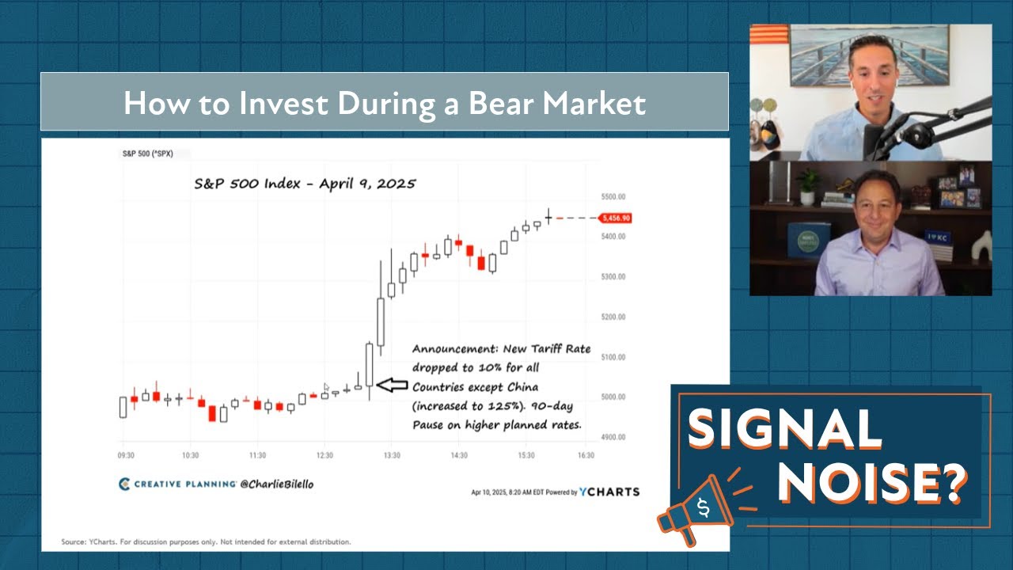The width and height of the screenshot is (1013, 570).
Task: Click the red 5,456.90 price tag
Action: pyautogui.click(x=616, y=218)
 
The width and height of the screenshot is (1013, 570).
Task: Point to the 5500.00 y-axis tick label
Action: pyautogui.click(x=613, y=196)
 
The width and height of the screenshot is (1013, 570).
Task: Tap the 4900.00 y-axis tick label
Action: pyautogui.click(x=613, y=437)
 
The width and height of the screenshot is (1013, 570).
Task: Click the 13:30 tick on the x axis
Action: pyautogui.click(x=392, y=455)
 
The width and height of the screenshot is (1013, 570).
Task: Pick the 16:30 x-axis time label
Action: pyautogui.click(x=586, y=455)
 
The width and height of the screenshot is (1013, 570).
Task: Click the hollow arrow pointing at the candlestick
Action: pyautogui.click(x=391, y=385)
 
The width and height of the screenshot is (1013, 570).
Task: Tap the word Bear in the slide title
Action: pyautogui.click(x=471, y=103)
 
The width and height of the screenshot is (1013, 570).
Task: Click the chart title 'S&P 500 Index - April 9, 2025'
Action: pyautogui.click(x=305, y=183)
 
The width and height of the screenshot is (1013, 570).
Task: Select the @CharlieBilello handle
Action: pyautogui.click(x=276, y=484)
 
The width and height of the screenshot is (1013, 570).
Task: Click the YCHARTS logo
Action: pyautogui.click(x=609, y=492)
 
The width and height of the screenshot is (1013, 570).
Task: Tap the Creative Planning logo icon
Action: pyautogui.click(x=124, y=484)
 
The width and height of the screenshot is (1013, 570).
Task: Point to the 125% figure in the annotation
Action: pyautogui.click(x=510, y=406)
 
